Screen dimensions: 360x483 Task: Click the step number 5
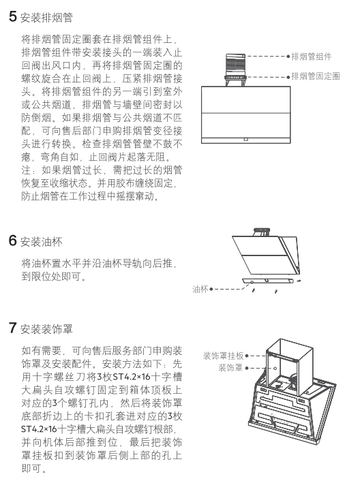(x=13, y=16)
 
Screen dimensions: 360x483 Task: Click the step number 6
(x=13, y=240)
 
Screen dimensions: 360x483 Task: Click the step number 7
(x=13, y=328)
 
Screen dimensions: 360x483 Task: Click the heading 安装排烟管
(x=46, y=17)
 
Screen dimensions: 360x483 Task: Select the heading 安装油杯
(x=42, y=241)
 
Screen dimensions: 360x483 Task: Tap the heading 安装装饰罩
(x=46, y=329)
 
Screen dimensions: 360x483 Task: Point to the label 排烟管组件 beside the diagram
(x=312, y=57)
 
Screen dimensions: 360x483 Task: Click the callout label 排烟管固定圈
(x=316, y=76)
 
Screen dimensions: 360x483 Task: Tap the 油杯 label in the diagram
(x=200, y=290)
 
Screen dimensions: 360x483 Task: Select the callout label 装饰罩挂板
(x=224, y=356)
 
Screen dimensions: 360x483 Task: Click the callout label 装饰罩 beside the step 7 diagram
(x=230, y=368)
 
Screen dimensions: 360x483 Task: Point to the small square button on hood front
(x=245, y=139)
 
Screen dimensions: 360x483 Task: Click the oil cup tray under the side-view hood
(x=267, y=281)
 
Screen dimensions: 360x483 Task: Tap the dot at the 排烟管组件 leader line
(x=288, y=57)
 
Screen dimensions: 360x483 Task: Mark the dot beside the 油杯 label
(x=211, y=290)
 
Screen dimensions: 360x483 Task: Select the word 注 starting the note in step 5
(x=26, y=170)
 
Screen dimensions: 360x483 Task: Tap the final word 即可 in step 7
(x=31, y=468)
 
